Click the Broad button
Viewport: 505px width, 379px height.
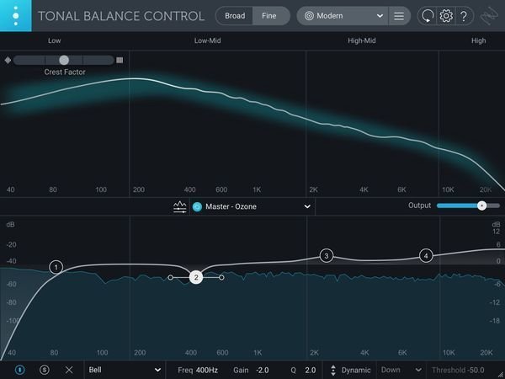point(235,16)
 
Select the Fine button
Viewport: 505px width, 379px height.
point(269,16)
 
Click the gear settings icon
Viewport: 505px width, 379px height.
point(447,16)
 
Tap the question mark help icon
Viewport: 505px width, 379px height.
point(466,16)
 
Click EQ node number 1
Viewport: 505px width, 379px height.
point(56,267)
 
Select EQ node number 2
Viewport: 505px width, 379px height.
point(195,277)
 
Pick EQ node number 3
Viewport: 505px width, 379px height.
point(327,255)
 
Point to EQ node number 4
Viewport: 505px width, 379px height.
point(426,255)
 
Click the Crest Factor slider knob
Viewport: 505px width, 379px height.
point(64,60)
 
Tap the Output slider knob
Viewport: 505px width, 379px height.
point(481,206)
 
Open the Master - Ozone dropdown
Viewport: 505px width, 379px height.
point(252,206)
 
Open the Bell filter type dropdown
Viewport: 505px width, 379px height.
point(124,370)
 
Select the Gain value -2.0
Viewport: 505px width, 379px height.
point(263,370)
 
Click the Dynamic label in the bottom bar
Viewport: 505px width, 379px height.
point(356,370)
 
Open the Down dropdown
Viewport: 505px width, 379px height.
point(401,370)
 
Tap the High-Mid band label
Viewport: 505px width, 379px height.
point(361,40)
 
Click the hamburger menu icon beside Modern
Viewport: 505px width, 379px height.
point(399,16)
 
